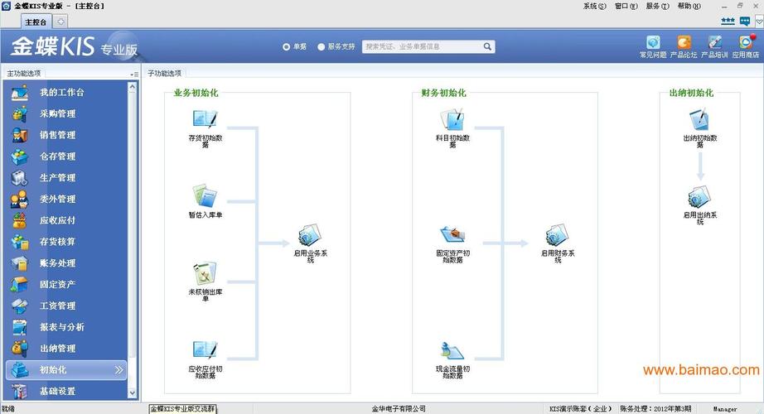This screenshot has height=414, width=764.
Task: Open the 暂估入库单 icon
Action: pos(205,196)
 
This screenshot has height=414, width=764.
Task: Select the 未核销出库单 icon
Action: pos(205,272)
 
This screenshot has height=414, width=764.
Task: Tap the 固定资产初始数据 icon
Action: pos(452,234)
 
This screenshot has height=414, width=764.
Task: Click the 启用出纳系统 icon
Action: pos(700,197)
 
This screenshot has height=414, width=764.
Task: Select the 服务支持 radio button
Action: pos(322,47)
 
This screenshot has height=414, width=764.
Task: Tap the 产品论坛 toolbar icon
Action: pos(684,42)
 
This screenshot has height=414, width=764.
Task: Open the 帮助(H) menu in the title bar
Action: pos(689,6)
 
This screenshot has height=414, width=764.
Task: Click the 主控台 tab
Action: pos(36,22)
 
